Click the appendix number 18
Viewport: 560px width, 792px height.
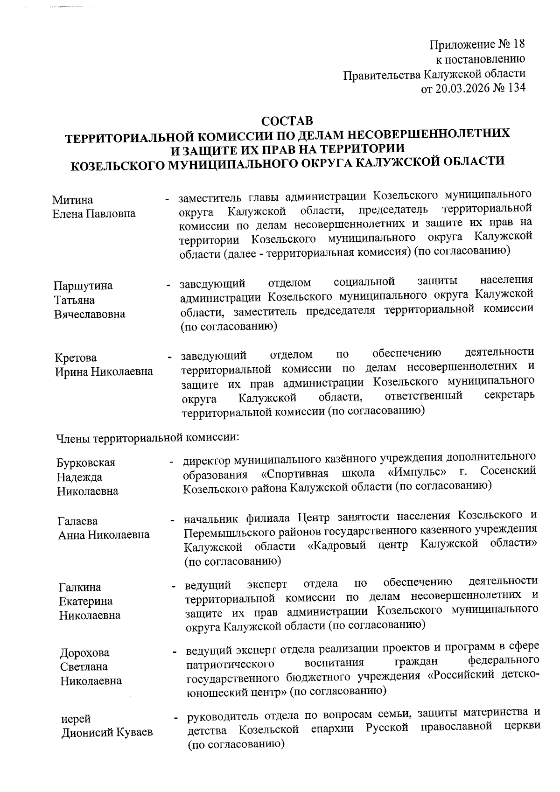[x=518, y=44]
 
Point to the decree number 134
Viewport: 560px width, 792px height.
[x=516, y=88]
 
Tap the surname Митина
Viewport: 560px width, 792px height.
[x=72, y=200]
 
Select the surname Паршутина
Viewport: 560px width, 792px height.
[x=83, y=286]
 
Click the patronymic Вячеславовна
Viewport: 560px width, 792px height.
[x=90, y=314]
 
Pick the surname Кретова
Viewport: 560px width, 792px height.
[x=76, y=358]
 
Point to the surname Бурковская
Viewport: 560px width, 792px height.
[x=86, y=463]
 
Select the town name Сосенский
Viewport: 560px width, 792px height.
[x=508, y=471]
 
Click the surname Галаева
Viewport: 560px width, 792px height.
[x=78, y=521]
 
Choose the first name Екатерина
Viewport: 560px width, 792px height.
[x=86, y=601]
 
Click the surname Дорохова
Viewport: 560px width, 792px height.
[x=84, y=652]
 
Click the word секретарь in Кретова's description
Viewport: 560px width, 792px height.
[x=509, y=395]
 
